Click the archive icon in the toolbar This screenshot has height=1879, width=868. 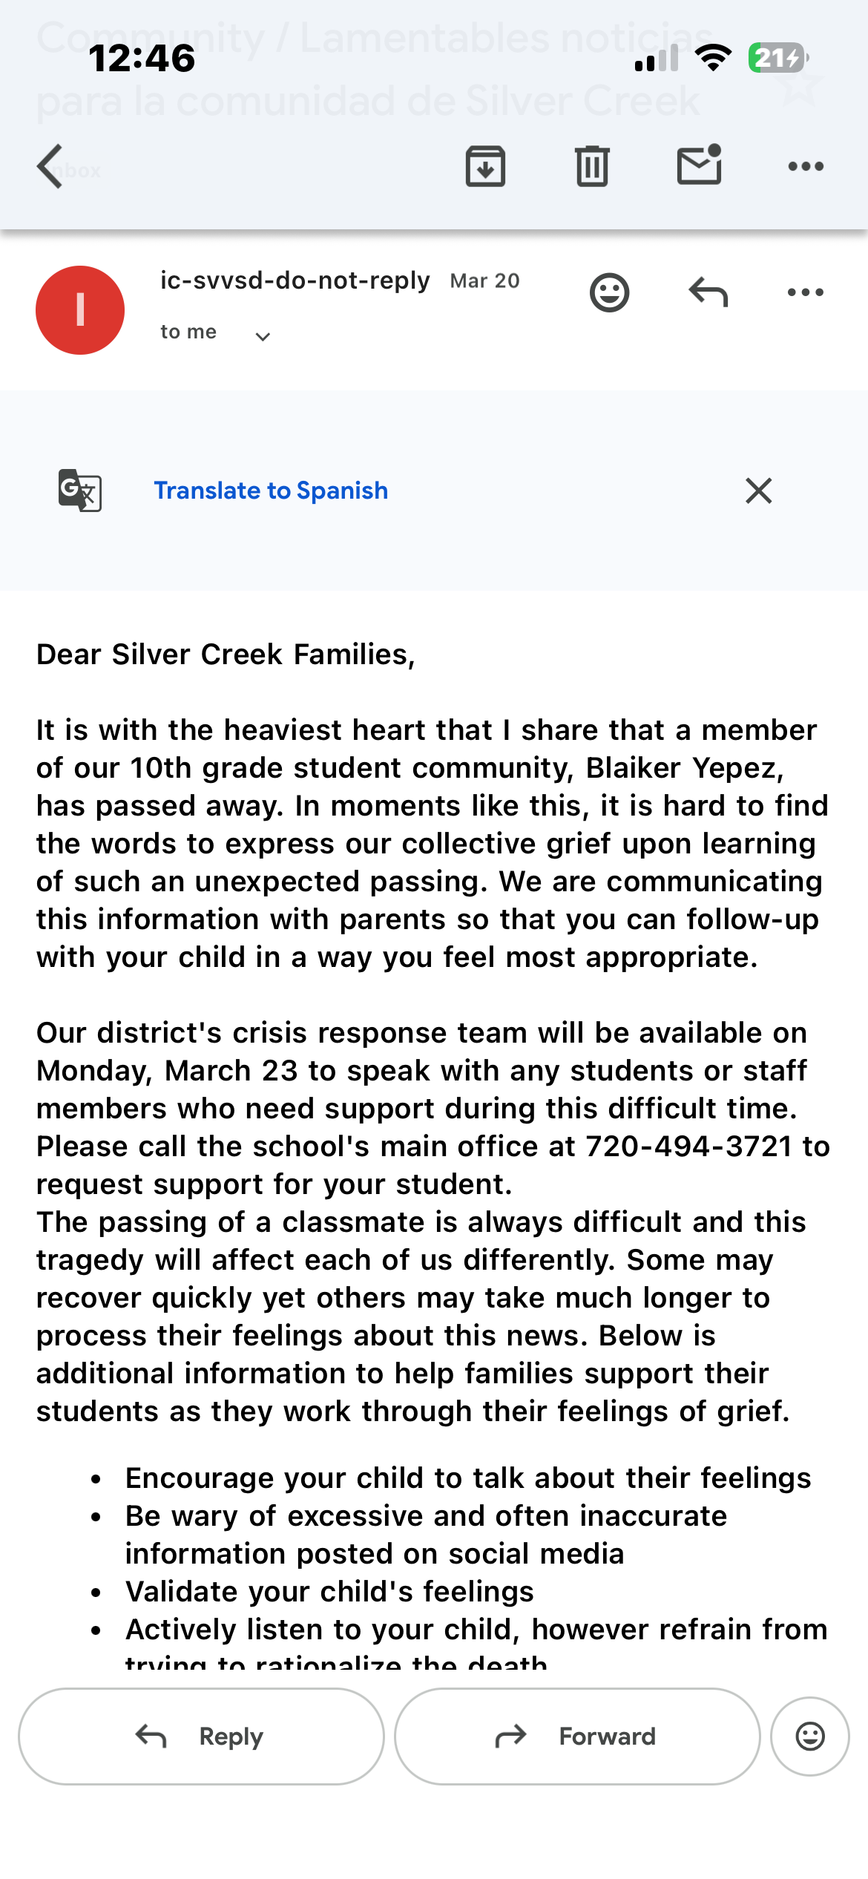coord(485,166)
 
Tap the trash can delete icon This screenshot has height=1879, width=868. coord(592,166)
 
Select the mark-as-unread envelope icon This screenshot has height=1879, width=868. coord(699,165)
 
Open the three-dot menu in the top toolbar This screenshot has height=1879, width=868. coord(806,166)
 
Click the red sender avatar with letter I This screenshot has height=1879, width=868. coord(80,310)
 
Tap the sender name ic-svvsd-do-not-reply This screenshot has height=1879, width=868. coord(295,281)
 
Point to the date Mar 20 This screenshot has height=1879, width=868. coord(484,281)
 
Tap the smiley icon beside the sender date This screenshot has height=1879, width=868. coord(609,292)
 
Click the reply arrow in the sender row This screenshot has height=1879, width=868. coord(708,292)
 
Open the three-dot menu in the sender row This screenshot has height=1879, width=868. coord(806,292)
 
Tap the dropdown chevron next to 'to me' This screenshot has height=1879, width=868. coord(263,337)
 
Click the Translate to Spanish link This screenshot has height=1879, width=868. coord(271,491)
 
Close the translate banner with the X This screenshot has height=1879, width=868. coord(758,491)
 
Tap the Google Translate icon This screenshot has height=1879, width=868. coord(80,491)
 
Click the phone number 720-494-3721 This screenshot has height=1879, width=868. coord(688,1147)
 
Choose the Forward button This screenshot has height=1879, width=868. coord(577,1737)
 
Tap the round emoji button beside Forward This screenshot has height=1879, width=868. coord(810,1737)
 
